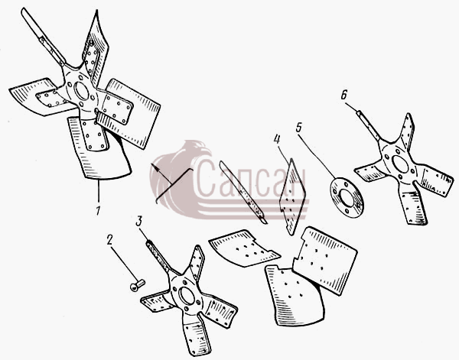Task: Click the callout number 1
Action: click(98, 210)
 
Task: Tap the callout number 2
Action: click(109, 240)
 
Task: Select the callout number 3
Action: click(138, 221)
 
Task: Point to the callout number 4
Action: click(277, 139)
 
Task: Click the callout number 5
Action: click(298, 128)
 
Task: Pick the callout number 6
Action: click(343, 95)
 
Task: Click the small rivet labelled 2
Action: click(137, 285)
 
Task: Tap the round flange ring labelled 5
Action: click(347, 198)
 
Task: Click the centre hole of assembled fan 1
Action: click(81, 91)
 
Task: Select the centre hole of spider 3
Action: click(187, 296)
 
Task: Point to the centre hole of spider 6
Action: click(400, 164)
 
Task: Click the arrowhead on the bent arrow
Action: click(155, 168)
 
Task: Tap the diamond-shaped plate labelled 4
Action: click(292, 196)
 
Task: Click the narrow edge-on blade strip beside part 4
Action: click(243, 193)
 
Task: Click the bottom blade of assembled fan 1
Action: click(98, 149)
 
